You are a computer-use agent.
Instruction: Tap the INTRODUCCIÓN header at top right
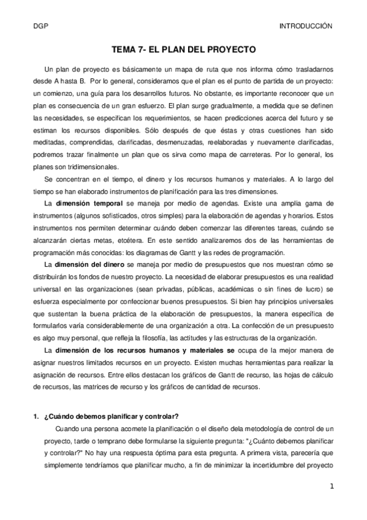click(305, 26)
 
